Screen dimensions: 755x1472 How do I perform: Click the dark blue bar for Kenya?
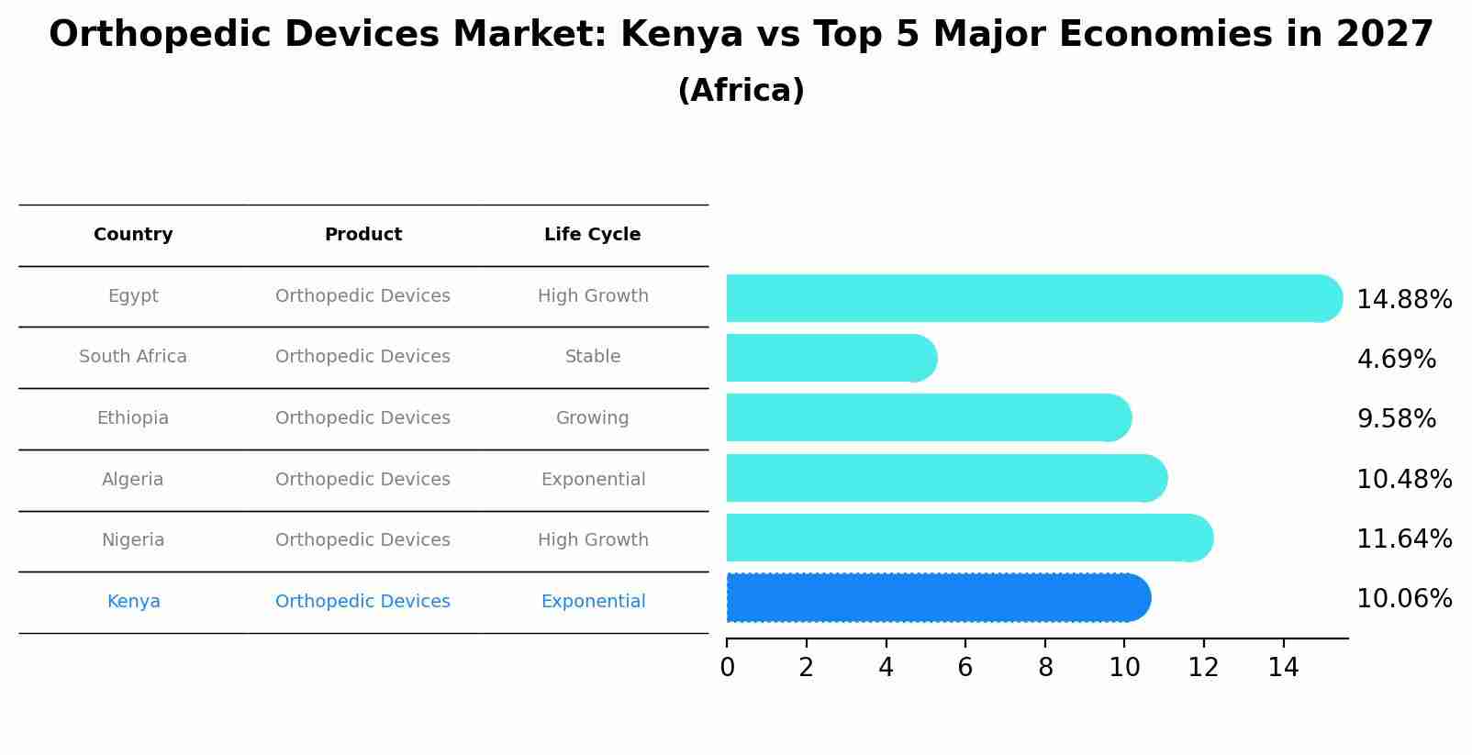pyautogui.click(x=936, y=598)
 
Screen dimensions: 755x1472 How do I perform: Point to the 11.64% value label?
pyautogui.click(x=1403, y=539)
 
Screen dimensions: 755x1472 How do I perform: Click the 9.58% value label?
pyautogui.click(x=1396, y=419)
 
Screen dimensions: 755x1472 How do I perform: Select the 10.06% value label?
pyautogui.click(x=1403, y=599)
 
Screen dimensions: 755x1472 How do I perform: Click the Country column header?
pyautogui.click(x=133, y=235)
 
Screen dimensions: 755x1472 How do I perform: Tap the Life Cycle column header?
pyautogui.click(x=592, y=235)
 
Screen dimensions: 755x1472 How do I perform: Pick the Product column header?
pyautogui.click(x=362, y=235)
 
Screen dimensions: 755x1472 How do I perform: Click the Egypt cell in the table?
pyautogui.click(x=133, y=296)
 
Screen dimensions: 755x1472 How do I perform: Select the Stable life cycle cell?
pyautogui.click(x=592, y=357)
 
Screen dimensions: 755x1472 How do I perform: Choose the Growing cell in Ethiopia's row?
pyautogui.click(x=592, y=418)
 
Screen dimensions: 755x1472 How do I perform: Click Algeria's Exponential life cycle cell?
pyautogui.click(x=593, y=480)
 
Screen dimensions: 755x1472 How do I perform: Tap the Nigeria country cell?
pyautogui.click(x=133, y=540)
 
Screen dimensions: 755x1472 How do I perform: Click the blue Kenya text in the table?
pyautogui.click(x=133, y=602)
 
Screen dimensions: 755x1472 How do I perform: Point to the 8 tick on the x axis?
pyautogui.click(x=1044, y=667)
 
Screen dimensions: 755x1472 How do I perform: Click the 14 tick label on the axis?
pyautogui.click(x=1283, y=667)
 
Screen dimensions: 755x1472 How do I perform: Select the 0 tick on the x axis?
pyautogui.click(x=727, y=667)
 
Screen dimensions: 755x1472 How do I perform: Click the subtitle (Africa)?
pyautogui.click(x=741, y=91)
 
